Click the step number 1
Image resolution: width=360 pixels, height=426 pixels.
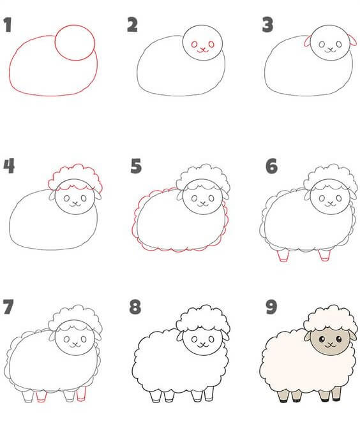point(8,25)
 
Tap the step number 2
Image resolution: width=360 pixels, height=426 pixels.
point(132,25)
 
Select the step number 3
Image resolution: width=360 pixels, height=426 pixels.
point(267,25)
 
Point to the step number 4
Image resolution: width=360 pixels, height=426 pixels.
point(9,166)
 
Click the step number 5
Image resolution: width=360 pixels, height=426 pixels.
point(136,166)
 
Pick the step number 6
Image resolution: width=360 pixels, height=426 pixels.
point(272,166)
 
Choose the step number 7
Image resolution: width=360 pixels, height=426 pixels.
point(8,307)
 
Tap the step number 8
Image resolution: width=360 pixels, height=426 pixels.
point(135,307)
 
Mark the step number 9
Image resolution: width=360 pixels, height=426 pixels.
point(271,307)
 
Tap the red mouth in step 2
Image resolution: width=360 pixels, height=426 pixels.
point(202,50)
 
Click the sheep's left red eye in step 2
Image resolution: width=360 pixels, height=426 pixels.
point(195,44)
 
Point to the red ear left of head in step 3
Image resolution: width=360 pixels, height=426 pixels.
point(308,42)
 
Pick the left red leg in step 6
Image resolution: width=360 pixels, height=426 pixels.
point(283,256)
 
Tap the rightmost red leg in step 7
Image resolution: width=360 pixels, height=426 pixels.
point(82,394)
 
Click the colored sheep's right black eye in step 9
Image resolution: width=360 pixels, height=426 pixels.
point(339,339)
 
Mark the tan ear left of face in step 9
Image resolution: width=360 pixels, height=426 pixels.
point(308,336)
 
